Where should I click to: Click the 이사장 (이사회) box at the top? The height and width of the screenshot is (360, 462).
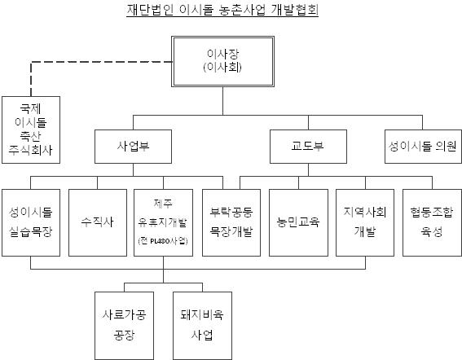pyautogui.click(x=222, y=61)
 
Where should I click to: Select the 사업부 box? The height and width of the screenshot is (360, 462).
pyautogui.click(x=133, y=147)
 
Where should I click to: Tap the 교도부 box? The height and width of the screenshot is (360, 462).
pyautogui.click(x=308, y=147)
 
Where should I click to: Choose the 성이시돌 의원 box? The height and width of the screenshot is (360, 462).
pyautogui.click(x=423, y=147)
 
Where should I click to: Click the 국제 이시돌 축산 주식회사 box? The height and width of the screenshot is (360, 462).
pyautogui.click(x=31, y=130)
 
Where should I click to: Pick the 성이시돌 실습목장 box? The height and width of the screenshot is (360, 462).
pyautogui.click(x=31, y=222)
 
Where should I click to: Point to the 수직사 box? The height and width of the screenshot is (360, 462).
pyautogui.click(x=98, y=222)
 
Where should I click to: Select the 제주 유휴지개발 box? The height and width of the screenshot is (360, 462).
pyautogui.click(x=164, y=222)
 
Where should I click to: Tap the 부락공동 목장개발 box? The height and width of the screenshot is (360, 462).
pyautogui.click(x=231, y=222)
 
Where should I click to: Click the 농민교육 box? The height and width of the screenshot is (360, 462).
pyautogui.click(x=298, y=222)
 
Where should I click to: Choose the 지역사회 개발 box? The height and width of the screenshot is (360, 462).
pyautogui.click(x=365, y=222)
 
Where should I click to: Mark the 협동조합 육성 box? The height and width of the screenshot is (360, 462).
pyautogui.click(x=432, y=222)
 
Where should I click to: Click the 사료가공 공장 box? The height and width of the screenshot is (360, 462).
pyautogui.click(x=124, y=326)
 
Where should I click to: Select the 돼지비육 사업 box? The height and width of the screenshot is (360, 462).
pyautogui.click(x=202, y=326)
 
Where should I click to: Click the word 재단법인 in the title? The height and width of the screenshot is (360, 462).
pyautogui.click(x=150, y=10)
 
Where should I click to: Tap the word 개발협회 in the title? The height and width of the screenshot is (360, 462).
pyautogui.click(x=295, y=10)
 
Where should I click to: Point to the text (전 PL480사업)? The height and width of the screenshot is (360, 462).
pyautogui.click(x=163, y=241)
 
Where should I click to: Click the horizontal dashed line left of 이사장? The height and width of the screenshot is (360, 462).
pyautogui.click(x=102, y=62)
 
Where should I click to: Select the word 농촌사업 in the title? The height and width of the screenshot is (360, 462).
pyautogui.click(x=243, y=10)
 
